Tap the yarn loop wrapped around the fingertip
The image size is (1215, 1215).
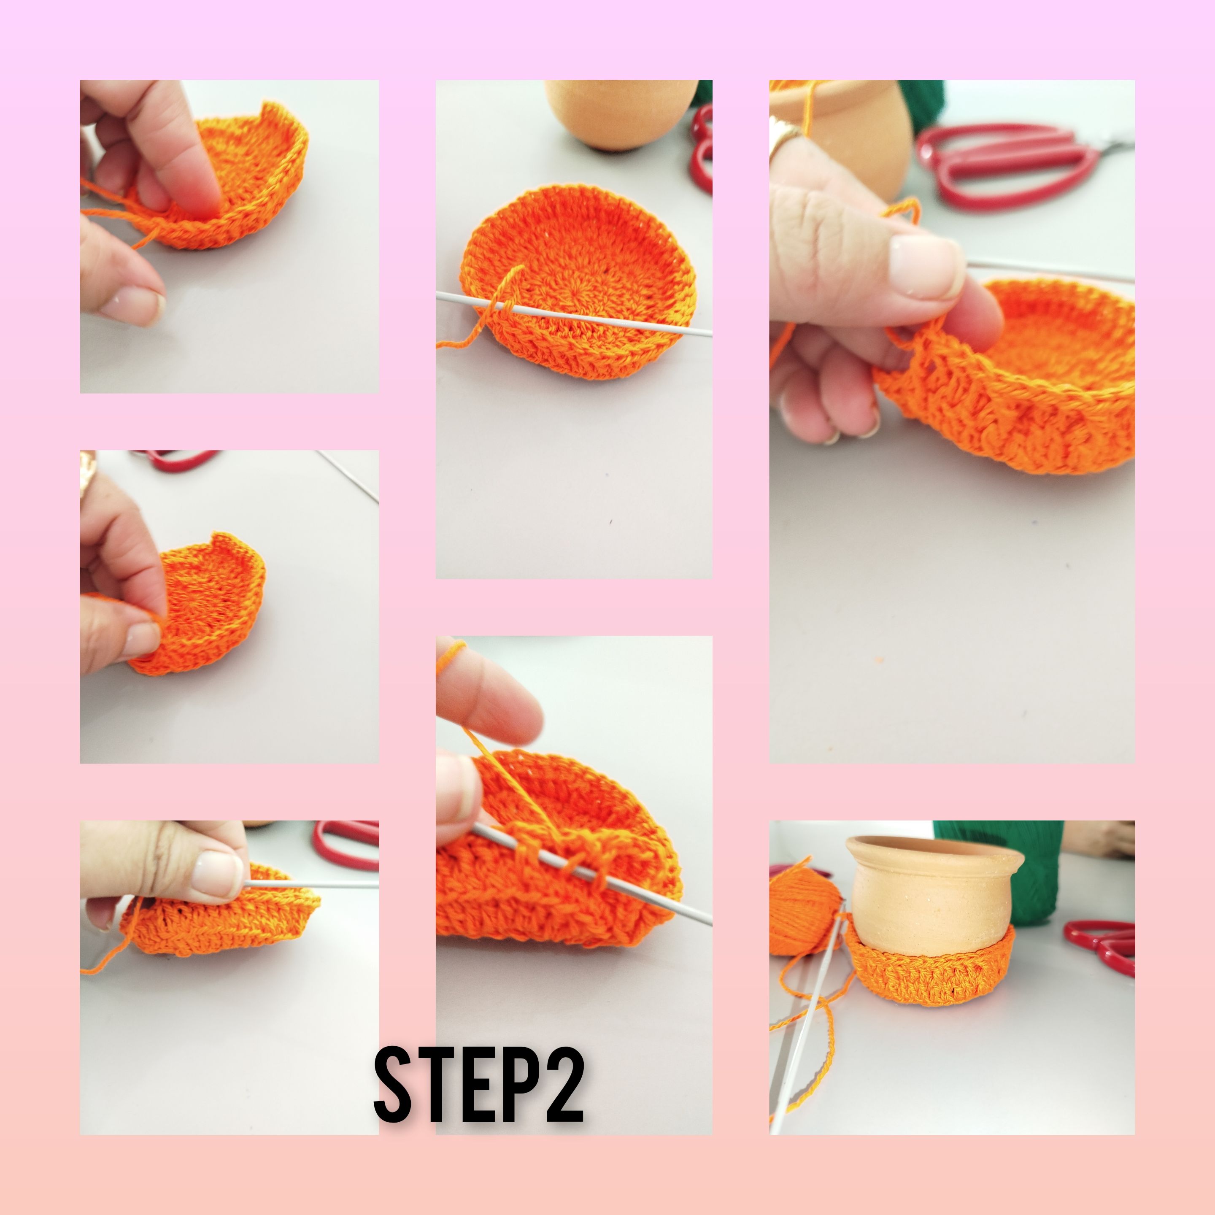point(451,654)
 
